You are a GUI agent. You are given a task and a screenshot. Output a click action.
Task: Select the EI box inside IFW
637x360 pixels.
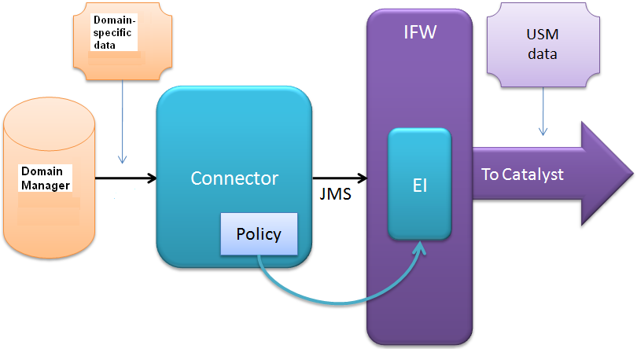(x=420, y=185)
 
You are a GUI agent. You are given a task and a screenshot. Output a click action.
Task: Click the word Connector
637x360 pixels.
(x=234, y=178)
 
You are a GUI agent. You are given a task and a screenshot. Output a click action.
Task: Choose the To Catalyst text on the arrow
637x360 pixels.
(x=522, y=174)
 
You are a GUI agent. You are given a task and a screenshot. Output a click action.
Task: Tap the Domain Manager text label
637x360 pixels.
(x=46, y=178)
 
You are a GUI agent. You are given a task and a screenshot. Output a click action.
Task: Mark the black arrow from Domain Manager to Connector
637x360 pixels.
(x=126, y=178)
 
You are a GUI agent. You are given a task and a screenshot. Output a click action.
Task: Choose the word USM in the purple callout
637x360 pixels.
(x=542, y=36)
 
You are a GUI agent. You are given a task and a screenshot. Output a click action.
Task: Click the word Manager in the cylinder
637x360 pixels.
(x=46, y=186)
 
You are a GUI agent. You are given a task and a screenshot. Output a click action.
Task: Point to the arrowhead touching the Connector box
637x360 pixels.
(x=151, y=178)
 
